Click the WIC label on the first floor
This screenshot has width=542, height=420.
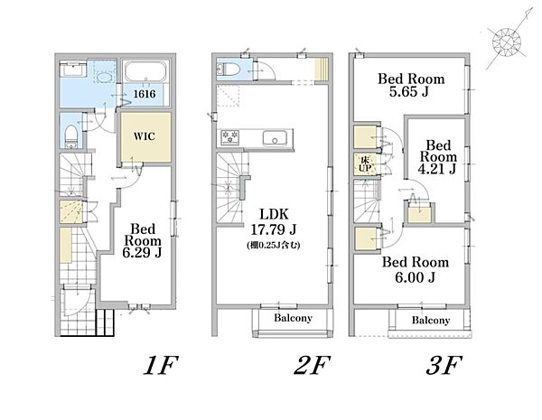(145, 136)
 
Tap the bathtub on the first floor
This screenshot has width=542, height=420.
(145, 72)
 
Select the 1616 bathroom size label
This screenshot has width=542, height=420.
(145, 94)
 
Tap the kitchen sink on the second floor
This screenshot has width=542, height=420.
(275, 138)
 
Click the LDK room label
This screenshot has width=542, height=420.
(274, 214)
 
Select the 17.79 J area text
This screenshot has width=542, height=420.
(273, 229)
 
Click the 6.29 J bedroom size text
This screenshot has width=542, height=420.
(142, 253)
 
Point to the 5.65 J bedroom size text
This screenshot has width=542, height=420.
(408, 91)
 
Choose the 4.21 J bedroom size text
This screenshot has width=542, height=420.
(437, 169)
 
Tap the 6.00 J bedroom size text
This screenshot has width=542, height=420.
(415, 277)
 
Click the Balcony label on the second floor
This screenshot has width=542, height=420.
(293, 318)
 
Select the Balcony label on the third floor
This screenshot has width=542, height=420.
(431, 320)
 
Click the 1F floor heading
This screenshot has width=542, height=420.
(161, 366)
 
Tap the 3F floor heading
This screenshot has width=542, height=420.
(444, 366)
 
